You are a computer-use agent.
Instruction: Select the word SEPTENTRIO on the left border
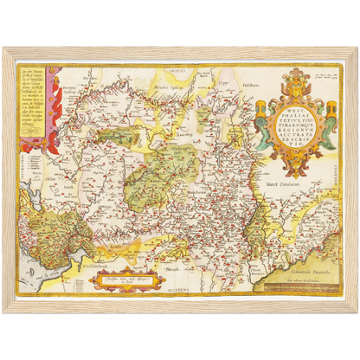click(x=27, y=173)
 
